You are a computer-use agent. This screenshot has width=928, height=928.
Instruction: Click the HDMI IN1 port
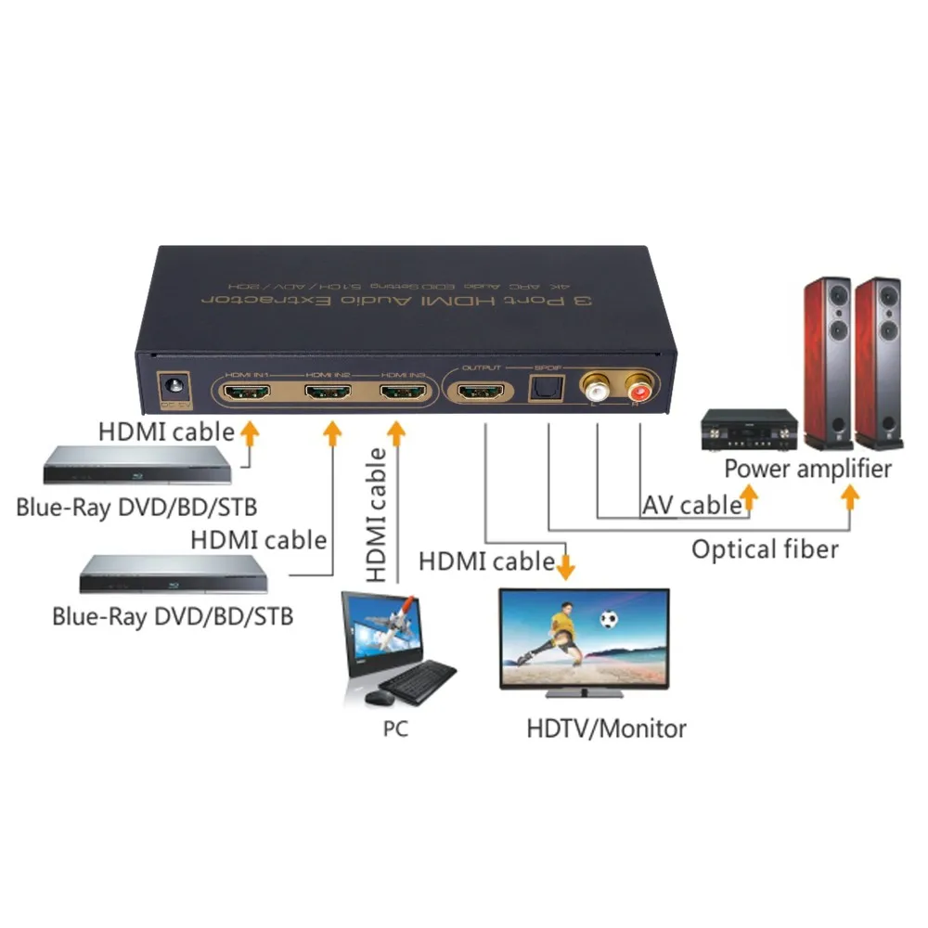click(x=248, y=393)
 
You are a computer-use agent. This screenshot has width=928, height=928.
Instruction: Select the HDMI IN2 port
click(x=328, y=393)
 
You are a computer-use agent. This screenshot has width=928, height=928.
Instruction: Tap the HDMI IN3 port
click(x=402, y=393)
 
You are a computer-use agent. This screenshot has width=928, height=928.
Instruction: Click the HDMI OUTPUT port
click(x=481, y=393)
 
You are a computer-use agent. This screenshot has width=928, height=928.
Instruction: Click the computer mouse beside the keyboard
click(x=376, y=696)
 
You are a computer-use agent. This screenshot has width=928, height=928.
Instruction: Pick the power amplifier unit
click(x=750, y=431)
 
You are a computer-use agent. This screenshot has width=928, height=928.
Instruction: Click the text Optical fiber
click(x=765, y=548)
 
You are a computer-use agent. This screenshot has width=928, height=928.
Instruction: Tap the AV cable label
click(x=691, y=505)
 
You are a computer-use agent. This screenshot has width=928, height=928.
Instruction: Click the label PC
click(x=395, y=729)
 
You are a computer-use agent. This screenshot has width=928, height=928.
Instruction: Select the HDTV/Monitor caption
click(x=606, y=728)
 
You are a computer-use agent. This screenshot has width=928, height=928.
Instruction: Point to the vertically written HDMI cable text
click(x=376, y=514)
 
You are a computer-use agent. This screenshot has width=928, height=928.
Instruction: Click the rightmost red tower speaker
click(x=877, y=362)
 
